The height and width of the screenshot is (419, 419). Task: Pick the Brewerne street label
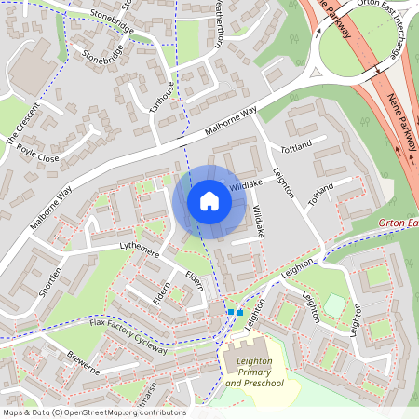[83, 362]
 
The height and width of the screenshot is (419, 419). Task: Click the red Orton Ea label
[398, 223]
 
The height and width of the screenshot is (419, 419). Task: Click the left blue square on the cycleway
[230, 311]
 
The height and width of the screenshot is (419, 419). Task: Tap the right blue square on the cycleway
[239, 312]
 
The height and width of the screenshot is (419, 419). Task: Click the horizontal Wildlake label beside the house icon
[244, 185]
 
